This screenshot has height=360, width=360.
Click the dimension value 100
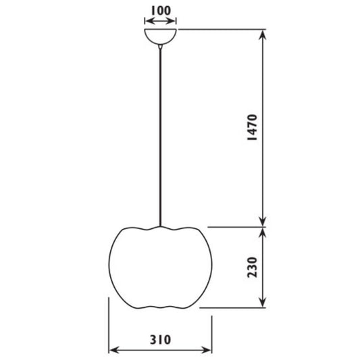pyautogui.click(x=161, y=11)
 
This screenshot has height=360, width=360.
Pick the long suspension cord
pyautogui.click(x=161, y=135)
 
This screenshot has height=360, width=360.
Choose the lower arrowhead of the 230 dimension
pyautogui.click(x=263, y=303)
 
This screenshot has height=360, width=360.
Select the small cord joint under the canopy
pyautogui.click(x=161, y=47)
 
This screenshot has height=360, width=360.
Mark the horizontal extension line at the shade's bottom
pyautogui.click(x=236, y=309)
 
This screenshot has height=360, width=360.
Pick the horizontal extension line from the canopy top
pyautogui.click(x=223, y=30)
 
